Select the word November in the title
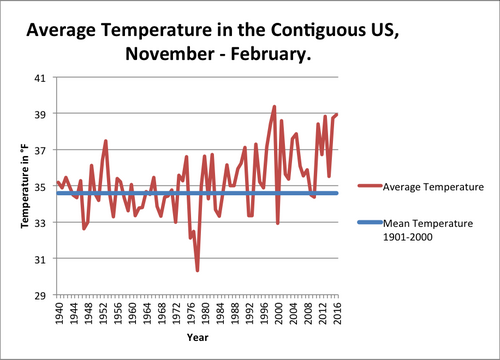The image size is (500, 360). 170,54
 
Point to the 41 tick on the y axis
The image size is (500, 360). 40,78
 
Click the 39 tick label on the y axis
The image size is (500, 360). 40,114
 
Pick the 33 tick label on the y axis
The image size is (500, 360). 40,223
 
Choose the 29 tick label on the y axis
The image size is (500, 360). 40,295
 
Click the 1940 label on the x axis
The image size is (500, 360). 59,313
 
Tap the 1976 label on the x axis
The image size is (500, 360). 191,313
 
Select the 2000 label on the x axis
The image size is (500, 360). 279,313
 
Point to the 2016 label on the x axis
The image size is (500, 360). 338,313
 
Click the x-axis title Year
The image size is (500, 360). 198,337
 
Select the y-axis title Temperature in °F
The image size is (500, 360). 25,186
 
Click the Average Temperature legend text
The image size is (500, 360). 433,187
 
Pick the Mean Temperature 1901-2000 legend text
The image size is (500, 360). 428,230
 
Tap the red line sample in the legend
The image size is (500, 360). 370,186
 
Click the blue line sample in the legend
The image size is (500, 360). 370,222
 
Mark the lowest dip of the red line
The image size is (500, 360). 197,270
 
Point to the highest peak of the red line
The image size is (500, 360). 274,107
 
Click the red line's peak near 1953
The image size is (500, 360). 106,141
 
